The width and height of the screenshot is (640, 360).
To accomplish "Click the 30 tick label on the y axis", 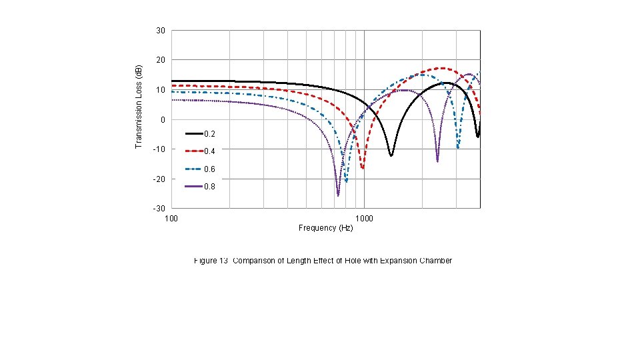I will pyautogui.click(x=160, y=31).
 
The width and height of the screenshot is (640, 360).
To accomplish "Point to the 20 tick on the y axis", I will pyautogui.click(x=160, y=60).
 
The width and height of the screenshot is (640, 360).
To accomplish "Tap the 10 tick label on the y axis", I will pyautogui.click(x=160, y=90).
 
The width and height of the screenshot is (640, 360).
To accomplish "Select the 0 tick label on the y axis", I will pyautogui.click(x=162, y=120).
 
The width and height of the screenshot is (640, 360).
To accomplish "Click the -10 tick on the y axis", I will pyautogui.click(x=159, y=149).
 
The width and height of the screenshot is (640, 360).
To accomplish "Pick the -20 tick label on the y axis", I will pyautogui.click(x=159, y=179).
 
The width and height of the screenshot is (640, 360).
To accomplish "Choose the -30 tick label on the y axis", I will pyautogui.click(x=159, y=209).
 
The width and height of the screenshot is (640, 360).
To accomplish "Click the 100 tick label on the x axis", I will pyautogui.click(x=171, y=218).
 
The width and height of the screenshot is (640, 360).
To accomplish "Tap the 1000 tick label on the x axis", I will pyautogui.click(x=364, y=218).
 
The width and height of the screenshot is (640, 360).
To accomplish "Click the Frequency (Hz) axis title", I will pyautogui.click(x=325, y=228).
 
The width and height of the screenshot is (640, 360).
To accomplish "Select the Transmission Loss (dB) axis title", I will pyautogui.click(x=139, y=107).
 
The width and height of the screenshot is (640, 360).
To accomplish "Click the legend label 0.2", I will pyautogui.click(x=209, y=134).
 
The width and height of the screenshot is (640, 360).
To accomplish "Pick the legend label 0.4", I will pyautogui.click(x=209, y=151).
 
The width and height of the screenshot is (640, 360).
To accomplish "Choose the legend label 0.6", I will pyautogui.click(x=209, y=169).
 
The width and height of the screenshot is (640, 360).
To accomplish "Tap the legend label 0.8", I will pyautogui.click(x=209, y=187).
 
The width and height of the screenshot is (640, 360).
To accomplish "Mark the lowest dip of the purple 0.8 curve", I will pyautogui.click(x=338, y=195).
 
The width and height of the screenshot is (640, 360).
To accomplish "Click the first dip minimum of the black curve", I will pyautogui.click(x=391, y=155).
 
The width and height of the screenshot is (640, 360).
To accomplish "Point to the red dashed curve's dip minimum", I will pyautogui.click(x=363, y=168).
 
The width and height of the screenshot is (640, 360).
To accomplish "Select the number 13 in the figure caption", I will pyautogui.click(x=224, y=261).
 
